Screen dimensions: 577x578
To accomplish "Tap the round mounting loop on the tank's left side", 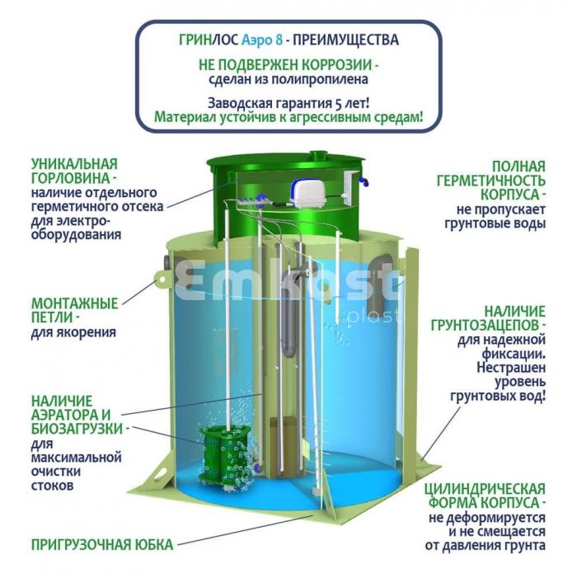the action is tap(162, 280).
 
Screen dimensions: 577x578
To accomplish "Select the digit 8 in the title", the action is tap(279, 40).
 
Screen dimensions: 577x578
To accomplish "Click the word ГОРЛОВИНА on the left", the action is tap(70, 179).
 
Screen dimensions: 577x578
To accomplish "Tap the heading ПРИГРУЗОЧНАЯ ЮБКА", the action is tap(102, 544).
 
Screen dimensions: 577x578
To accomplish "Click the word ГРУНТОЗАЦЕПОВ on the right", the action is tap(486, 326).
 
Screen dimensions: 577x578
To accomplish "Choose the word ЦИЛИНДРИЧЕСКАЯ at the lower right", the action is tap(484, 489).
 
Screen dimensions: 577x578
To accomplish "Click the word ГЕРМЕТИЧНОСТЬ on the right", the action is tap(490, 181).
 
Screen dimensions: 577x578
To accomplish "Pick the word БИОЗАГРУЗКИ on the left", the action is tap(77, 429).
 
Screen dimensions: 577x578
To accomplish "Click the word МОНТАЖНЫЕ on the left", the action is tap(75, 303).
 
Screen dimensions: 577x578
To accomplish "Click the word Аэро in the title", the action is tap(257, 40).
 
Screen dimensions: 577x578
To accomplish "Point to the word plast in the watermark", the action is tap(375, 316).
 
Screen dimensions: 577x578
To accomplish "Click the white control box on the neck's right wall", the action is tap(349, 187).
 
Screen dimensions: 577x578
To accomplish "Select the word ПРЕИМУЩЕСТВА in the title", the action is tap(345, 40).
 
